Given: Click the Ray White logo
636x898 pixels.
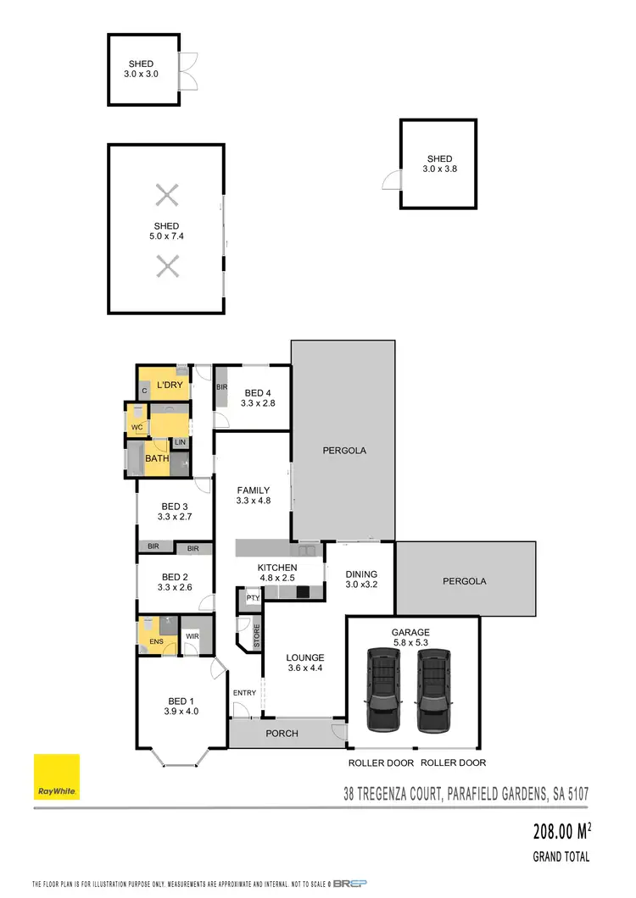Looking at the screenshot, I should point(57,777).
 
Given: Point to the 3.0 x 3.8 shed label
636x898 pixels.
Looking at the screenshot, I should point(439,164).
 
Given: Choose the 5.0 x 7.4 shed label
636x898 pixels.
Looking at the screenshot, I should point(166,231).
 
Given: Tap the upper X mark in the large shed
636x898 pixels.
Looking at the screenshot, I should point(168,196).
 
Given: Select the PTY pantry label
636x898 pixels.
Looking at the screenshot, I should point(252,598).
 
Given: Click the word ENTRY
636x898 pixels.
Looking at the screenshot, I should point(244,693).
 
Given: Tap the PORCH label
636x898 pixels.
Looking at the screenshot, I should point(282,733).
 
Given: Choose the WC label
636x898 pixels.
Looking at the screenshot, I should point(137,428).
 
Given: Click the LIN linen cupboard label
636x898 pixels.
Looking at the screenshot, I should point(180,442).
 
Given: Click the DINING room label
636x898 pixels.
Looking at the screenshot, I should point(360,579).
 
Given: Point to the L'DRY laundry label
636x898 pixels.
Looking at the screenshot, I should point(170,385).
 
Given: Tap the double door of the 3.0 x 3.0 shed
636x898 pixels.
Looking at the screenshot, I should point(189,71).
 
